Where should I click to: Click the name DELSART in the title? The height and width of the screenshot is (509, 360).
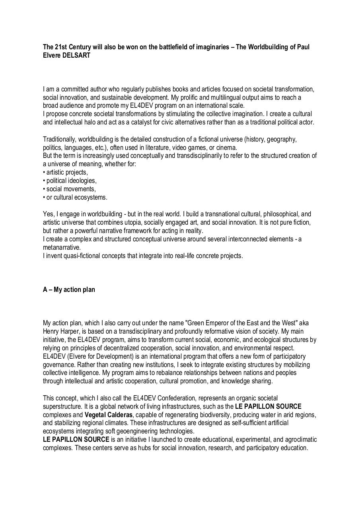click(76, 56)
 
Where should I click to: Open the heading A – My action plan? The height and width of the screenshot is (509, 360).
click(69, 289)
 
